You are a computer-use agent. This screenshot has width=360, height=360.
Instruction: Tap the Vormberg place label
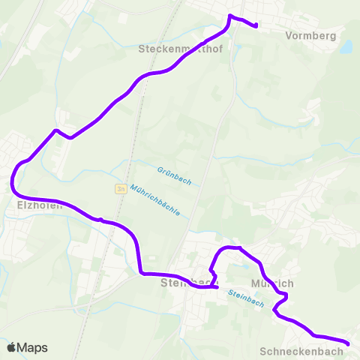pyautogui.click(x=310, y=34)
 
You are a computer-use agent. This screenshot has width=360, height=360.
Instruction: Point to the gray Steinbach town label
pyautogui.click(x=179, y=283)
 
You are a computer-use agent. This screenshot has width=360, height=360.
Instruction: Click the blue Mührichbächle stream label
pyautogui.click(x=154, y=200)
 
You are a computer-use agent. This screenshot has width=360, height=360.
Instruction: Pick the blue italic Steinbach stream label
pyautogui.click(x=245, y=299)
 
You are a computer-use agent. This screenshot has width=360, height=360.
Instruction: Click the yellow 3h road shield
pyautogui.click(x=120, y=189)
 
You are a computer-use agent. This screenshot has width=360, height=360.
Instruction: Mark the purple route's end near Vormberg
pyautogui.click(x=256, y=26)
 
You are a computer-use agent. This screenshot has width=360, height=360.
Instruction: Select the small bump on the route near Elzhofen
pyautogui.click(x=100, y=219)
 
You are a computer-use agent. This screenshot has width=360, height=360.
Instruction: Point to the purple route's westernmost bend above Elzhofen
pyautogui.click(x=13, y=182)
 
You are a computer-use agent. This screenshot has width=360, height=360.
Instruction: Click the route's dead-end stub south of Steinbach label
pyautogui.click(x=216, y=286)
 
